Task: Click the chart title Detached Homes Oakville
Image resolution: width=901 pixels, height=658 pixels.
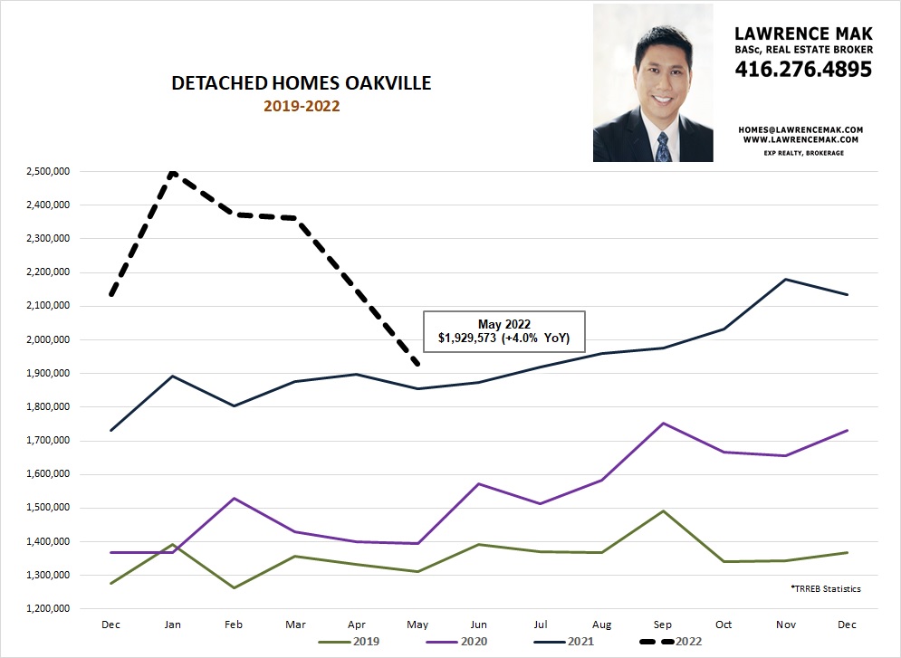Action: [302, 84]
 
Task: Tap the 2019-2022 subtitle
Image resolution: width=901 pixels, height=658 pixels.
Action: [301, 106]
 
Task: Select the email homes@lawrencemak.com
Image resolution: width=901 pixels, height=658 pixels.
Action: [800, 129]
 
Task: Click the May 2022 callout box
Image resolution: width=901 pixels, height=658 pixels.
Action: [504, 332]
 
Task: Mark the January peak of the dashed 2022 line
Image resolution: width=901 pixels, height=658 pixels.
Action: [172, 172]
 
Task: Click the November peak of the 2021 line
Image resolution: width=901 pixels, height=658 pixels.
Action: [785, 279]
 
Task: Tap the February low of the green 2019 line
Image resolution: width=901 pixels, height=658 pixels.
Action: [235, 588]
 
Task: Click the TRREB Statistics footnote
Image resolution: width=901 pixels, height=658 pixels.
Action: [824, 589]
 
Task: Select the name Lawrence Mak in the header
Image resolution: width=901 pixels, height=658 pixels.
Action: [803, 34]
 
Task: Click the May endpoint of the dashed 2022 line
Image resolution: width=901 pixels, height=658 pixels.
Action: [416, 364]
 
